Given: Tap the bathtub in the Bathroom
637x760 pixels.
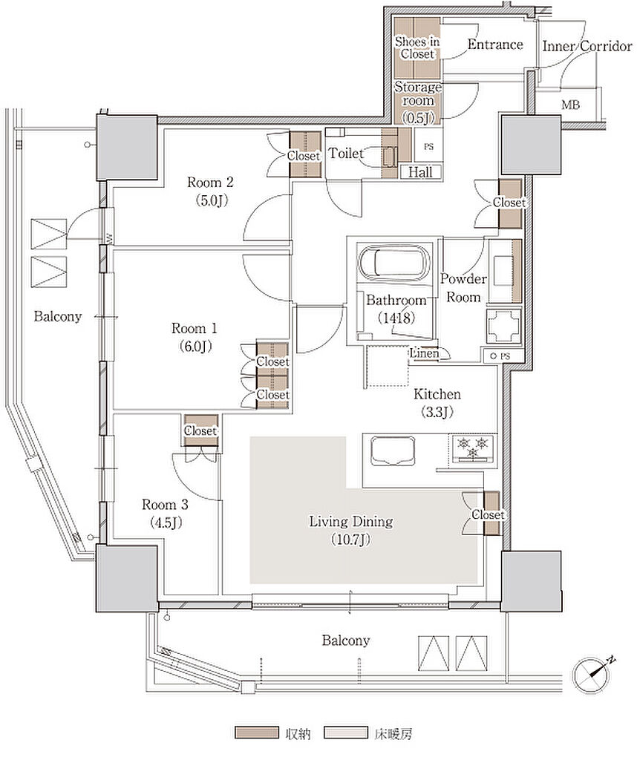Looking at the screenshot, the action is (x=394, y=261).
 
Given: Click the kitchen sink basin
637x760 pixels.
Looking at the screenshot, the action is (x=393, y=451).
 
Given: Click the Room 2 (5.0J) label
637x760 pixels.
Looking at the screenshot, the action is (x=211, y=191).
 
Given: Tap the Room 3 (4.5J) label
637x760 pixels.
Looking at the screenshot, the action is (x=165, y=514).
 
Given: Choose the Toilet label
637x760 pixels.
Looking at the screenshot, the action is (x=346, y=153).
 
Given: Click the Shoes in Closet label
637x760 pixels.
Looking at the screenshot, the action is (x=417, y=47).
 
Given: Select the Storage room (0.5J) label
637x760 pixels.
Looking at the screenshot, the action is (x=418, y=102).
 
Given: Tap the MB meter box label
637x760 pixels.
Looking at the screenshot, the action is (x=571, y=104).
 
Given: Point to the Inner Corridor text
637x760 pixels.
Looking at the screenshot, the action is (x=587, y=46).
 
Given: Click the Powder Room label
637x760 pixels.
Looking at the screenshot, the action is (x=463, y=288).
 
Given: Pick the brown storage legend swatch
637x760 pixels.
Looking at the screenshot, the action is (x=256, y=732).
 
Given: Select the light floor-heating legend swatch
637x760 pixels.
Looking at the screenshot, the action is (x=345, y=732).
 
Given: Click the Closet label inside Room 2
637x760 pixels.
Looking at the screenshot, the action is (x=304, y=156).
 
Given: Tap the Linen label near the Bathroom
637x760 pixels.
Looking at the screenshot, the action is (x=425, y=353).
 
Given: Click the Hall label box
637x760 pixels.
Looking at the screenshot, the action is (x=420, y=171).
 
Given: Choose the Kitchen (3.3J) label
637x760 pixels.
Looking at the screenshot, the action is (x=437, y=403).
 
